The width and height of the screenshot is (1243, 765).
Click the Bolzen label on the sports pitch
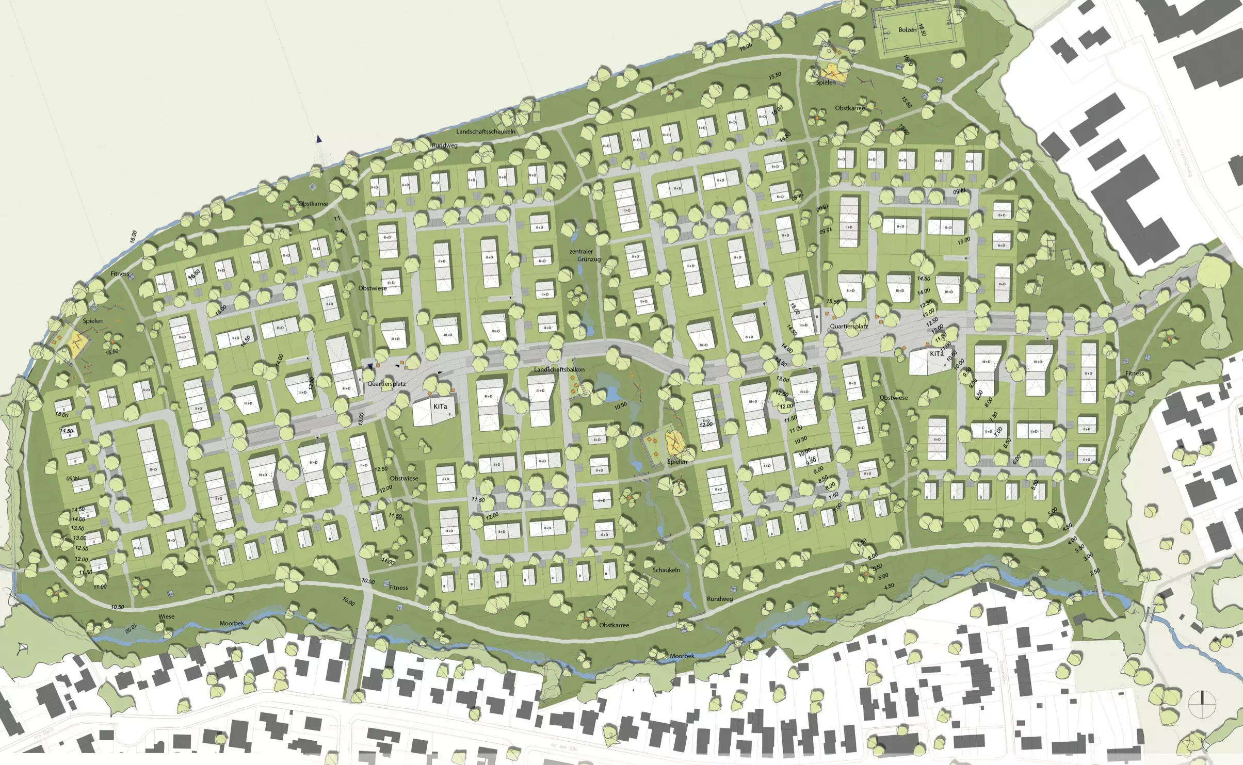click(907, 30)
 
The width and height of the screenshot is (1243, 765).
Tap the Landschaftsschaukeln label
click(486, 132)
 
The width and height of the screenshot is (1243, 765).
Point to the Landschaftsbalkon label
click(559, 370)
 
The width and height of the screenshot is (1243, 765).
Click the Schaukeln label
click(666, 570)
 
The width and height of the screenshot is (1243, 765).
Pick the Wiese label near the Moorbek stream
click(166, 616)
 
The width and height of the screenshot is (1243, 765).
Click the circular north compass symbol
click(1202, 704)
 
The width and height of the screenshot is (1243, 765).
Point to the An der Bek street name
click(559, 746)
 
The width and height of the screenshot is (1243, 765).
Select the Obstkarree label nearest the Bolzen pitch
click(849, 108)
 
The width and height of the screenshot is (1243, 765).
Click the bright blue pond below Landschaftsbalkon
click(612, 395)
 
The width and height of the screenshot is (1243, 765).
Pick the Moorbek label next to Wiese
click(232, 623)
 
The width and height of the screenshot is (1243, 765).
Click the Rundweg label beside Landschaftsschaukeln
click(444, 145)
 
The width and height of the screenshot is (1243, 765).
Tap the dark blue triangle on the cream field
click(319, 139)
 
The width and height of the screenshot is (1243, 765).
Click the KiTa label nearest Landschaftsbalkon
click(440, 406)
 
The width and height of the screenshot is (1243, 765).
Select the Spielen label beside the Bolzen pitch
click(826, 83)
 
